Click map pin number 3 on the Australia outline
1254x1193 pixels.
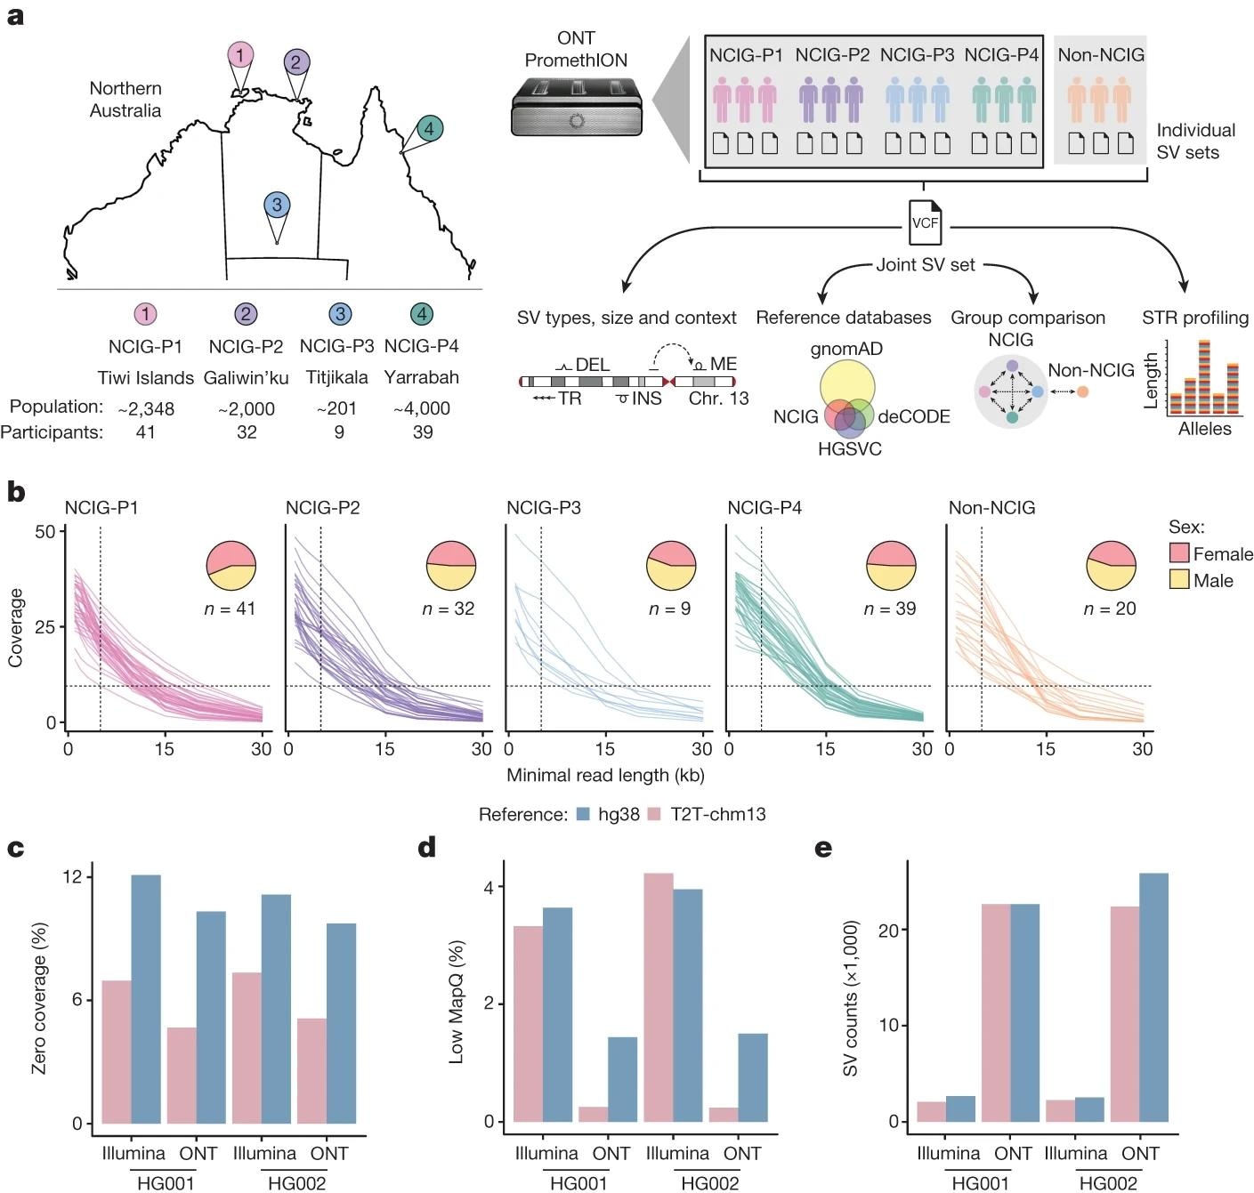[x=277, y=206]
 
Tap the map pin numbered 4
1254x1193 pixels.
[x=429, y=129]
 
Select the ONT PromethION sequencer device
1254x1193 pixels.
[x=577, y=107]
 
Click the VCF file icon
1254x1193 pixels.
[x=925, y=222]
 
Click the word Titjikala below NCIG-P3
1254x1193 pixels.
[x=336, y=377]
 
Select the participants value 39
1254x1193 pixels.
[x=423, y=432]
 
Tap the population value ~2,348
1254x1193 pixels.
[x=146, y=409]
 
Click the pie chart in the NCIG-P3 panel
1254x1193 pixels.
[x=671, y=566]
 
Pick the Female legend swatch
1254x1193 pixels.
[x=1179, y=553]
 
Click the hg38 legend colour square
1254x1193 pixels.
[x=584, y=814]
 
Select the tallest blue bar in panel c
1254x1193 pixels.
[x=146, y=998]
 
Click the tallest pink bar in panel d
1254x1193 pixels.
[x=658, y=996]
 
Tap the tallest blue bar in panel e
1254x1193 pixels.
[x=1153, y=996]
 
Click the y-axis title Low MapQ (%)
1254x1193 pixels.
[x=457, y=1001]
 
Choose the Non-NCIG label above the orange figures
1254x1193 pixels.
[x=1101, y=55]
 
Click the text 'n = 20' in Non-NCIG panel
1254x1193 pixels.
[x=1110, y=609]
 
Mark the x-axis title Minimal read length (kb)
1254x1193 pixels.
[x=605, y=776]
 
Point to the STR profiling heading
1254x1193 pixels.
[x=1195, y=318]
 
